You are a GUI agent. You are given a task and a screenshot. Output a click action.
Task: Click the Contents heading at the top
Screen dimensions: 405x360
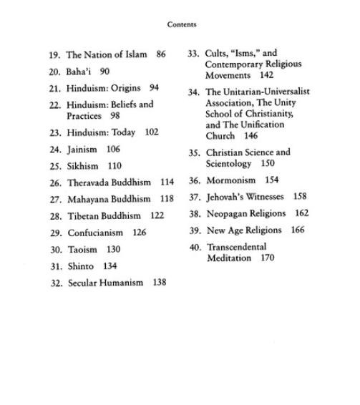(181, 24)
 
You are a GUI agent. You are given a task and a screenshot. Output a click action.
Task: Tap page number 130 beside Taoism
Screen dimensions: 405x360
(112, 250)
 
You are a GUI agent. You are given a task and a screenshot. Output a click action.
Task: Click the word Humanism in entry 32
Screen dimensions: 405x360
(123, 283)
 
